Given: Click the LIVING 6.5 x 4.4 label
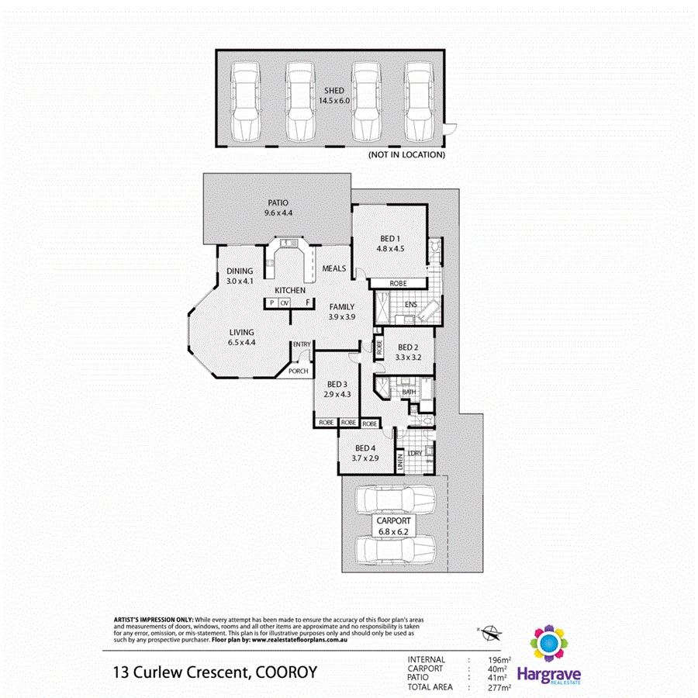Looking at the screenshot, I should point(241,337).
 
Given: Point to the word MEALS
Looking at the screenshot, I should point(334,268).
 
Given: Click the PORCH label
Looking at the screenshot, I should point(298,371).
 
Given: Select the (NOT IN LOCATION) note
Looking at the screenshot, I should point(406,155).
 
